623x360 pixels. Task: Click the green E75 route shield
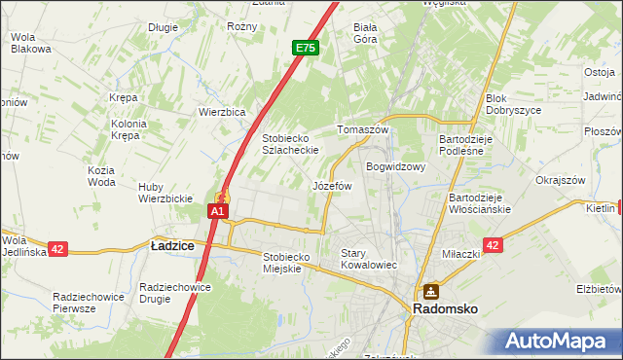click(x=305, y=47)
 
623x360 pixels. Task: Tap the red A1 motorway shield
click(x=219, y=210)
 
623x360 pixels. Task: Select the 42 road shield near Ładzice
click(x=56, y=249)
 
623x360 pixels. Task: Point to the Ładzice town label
click(x=172, y=247)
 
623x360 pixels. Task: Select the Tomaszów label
click(x=362, y=129)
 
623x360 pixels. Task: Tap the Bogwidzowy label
click(x=396, y=166)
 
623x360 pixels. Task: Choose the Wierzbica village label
click(x=221, y=111)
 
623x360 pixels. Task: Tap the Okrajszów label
click(x=559, y=180)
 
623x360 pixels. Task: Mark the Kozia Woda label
click(x=101, y=176)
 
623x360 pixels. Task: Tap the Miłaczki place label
click(x=461, y=254)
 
